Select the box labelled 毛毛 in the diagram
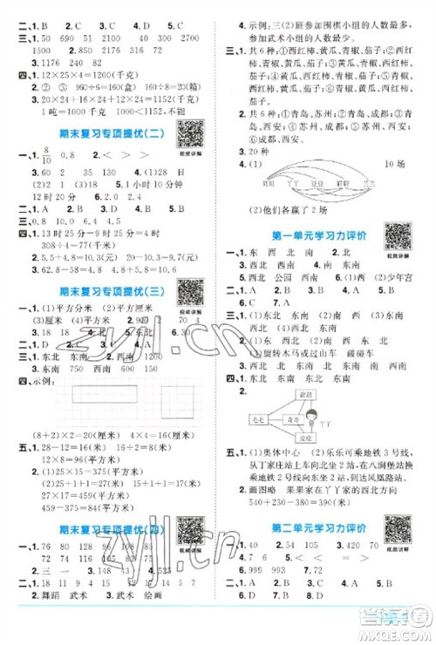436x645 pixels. pos(259,418)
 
